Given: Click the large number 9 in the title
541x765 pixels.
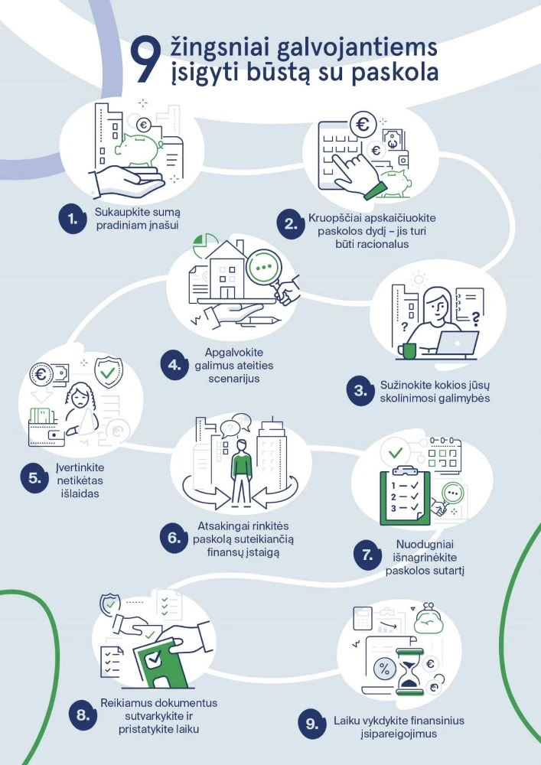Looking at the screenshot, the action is click(145, 61).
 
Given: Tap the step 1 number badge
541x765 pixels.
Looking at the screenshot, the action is click(73, 219).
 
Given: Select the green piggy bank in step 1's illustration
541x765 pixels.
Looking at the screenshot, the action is click(139, 148).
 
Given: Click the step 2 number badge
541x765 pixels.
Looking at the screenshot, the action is click(291, 224).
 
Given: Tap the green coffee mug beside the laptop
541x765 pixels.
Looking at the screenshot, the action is click(406, 350).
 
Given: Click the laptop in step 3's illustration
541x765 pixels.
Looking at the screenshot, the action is click(456, 343).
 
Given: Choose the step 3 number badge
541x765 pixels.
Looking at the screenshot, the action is click(360, 391).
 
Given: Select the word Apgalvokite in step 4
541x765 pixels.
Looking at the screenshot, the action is click(233, 352).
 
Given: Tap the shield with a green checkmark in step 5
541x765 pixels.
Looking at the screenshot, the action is click(108, 373).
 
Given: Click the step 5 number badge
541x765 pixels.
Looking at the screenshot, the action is click(34, 478).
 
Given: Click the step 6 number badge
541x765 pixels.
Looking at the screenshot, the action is click(174, 538).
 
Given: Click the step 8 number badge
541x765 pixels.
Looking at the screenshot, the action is click(83, 716).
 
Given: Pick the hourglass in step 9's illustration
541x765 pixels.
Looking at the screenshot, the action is click(410, 672).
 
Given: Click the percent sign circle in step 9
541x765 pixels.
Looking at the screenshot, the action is click(384, 669).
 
